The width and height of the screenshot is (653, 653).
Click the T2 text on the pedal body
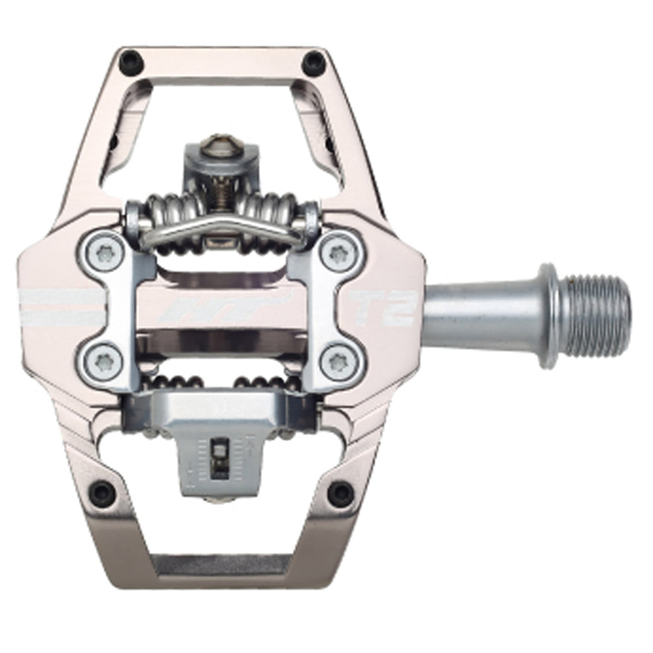[x=383, y=308]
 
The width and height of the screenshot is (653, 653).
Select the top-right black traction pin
[x=313, y=61]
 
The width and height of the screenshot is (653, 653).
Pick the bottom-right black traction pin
[x=340, y=493]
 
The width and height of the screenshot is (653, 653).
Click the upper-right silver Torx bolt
[x=339, y=253]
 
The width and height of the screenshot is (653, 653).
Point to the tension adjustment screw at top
[x=220, y=145]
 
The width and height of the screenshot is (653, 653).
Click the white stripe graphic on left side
[x=60, y=307]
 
